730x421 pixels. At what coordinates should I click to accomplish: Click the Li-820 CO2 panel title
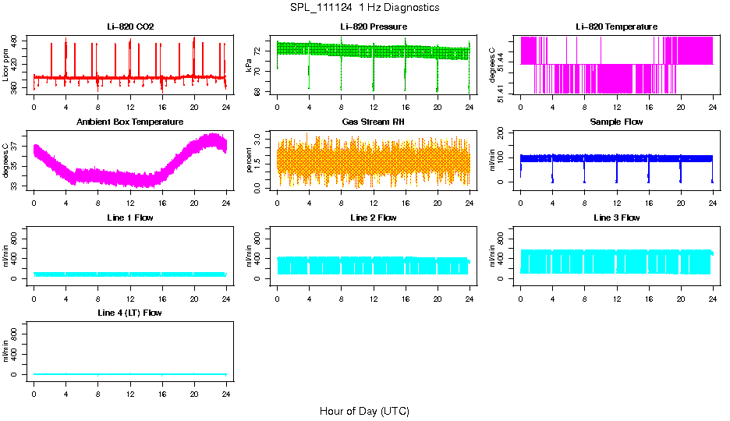coord(130,27)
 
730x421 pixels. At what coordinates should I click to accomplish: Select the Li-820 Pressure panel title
coord(373,27)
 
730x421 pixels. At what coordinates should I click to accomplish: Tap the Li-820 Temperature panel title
coord(616,27)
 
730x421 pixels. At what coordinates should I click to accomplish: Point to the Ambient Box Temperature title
coord(130,122)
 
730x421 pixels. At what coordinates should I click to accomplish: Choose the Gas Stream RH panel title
coord(373,122)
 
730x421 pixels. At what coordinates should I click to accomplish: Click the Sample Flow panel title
coord(616,122)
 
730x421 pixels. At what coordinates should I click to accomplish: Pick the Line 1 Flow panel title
coord(130,218)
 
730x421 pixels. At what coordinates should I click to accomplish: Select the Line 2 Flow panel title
coord(373,218)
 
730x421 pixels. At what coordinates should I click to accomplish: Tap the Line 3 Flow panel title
coord(616,218)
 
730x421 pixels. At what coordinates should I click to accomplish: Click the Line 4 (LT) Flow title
coord(130,313)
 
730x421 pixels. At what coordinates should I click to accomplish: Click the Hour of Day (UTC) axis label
coord(364,411)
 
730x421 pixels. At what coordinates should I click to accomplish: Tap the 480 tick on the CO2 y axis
coord(17,39)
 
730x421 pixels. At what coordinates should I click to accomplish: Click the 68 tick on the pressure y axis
coord(260,91)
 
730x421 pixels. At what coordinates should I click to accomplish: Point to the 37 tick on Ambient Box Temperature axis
coord(17,147)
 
